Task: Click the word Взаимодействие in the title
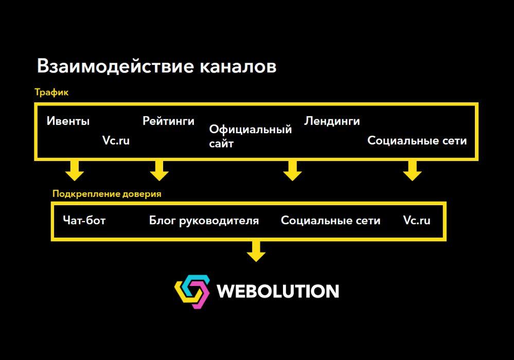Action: [x=115, y=67]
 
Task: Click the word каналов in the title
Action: [x=238, y=66]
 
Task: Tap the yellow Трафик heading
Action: [x=51, y=93]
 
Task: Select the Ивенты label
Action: [x=68, y=121]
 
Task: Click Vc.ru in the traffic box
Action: [x=116, y=140]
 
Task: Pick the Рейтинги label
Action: [x=168, y=121]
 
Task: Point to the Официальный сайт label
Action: [x=251, y=136]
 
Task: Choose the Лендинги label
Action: [x=332, y=121]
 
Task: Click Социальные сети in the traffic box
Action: [x=417, y=140]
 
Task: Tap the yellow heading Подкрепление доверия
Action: [x=107, y=194]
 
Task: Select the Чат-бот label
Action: [x=84, y=221]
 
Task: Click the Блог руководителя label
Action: [x=204, y=221]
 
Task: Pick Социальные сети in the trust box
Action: [x=330, y=221]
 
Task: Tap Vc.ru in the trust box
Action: [x=417, y=221]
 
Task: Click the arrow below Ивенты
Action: [x=75, y=171]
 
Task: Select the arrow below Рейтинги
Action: [x=159, y=171]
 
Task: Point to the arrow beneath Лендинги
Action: [x=292, y=171]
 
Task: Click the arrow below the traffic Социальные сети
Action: [x=412, y=171]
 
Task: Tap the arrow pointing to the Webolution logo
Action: [x=256, y=251]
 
